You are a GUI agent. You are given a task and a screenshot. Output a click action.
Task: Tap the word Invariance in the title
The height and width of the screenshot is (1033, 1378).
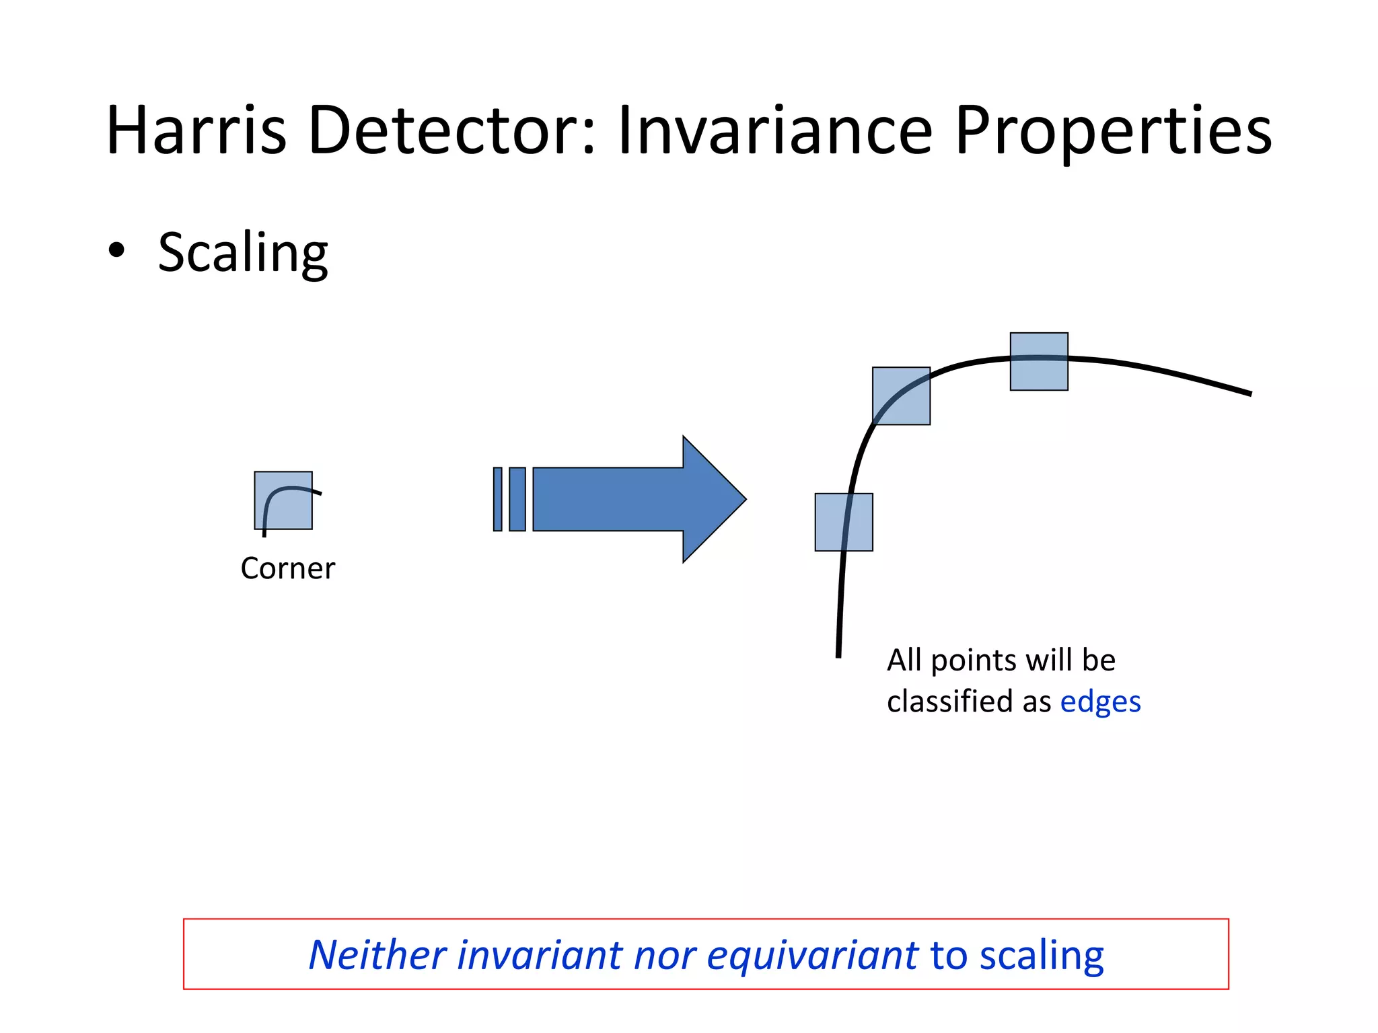(774, 130)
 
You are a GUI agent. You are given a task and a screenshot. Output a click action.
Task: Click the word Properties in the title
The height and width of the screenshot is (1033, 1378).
(1113, 132)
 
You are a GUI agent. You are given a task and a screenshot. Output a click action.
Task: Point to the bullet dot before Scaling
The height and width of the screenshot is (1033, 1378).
(116, 250)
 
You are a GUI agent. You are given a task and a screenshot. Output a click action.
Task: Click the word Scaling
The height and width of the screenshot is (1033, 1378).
(242, 253)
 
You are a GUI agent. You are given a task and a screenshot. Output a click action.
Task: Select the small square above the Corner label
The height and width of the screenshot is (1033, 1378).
(283, 500)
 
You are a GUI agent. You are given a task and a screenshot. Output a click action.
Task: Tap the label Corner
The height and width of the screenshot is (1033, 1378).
(287, 569)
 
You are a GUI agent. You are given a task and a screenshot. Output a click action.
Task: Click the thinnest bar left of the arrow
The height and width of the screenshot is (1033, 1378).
(498, 499)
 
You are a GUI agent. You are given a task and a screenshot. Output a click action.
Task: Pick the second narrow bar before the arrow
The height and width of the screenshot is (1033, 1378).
(517, 499)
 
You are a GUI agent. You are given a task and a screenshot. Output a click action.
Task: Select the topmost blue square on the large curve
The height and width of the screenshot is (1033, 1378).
(1039, 362)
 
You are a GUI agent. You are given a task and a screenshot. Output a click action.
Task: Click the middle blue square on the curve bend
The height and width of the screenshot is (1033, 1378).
(901, 396)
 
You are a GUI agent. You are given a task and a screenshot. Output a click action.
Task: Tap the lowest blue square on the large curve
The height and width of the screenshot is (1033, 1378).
(844, 523)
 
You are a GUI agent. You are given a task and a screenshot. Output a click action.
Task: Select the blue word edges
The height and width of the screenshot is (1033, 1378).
(1100, 702)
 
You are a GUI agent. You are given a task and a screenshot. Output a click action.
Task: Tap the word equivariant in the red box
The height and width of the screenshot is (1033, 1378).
(812, 955)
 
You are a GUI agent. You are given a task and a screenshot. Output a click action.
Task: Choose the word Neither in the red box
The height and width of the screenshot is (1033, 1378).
(377, 955)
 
